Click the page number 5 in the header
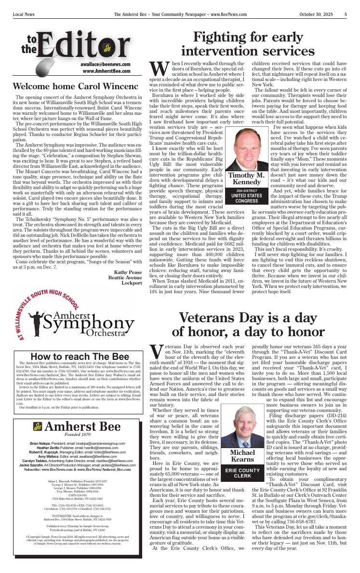coord(346,14)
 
